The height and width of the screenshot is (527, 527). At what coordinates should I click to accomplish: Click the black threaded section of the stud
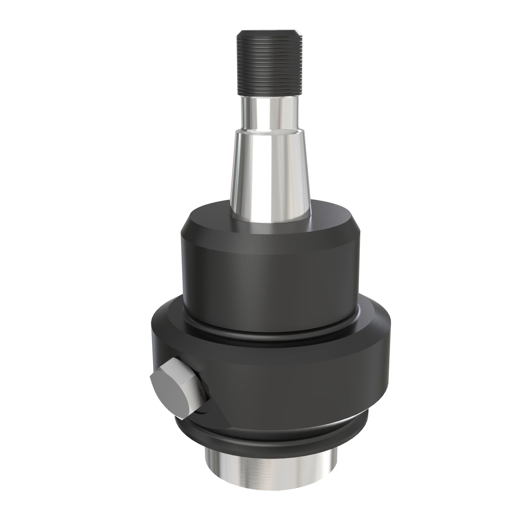pyautogui.click(x=270, y=65)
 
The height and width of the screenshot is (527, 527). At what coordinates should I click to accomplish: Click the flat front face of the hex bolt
pyautogui.click(x=172, y=393)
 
